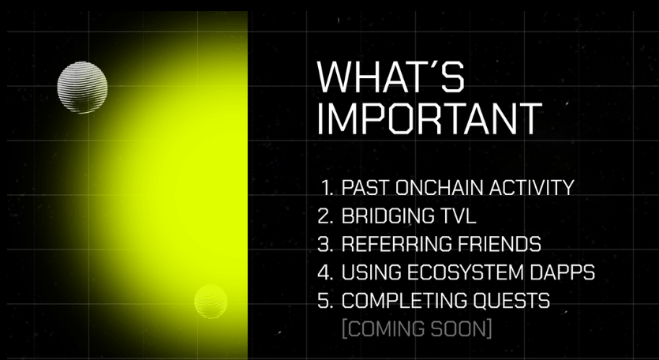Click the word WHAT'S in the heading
point(391,77)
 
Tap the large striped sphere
point(82,88)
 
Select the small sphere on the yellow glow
point(211,301)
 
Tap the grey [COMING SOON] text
point(417,329)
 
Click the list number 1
point(327,188)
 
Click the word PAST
point(365,188)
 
